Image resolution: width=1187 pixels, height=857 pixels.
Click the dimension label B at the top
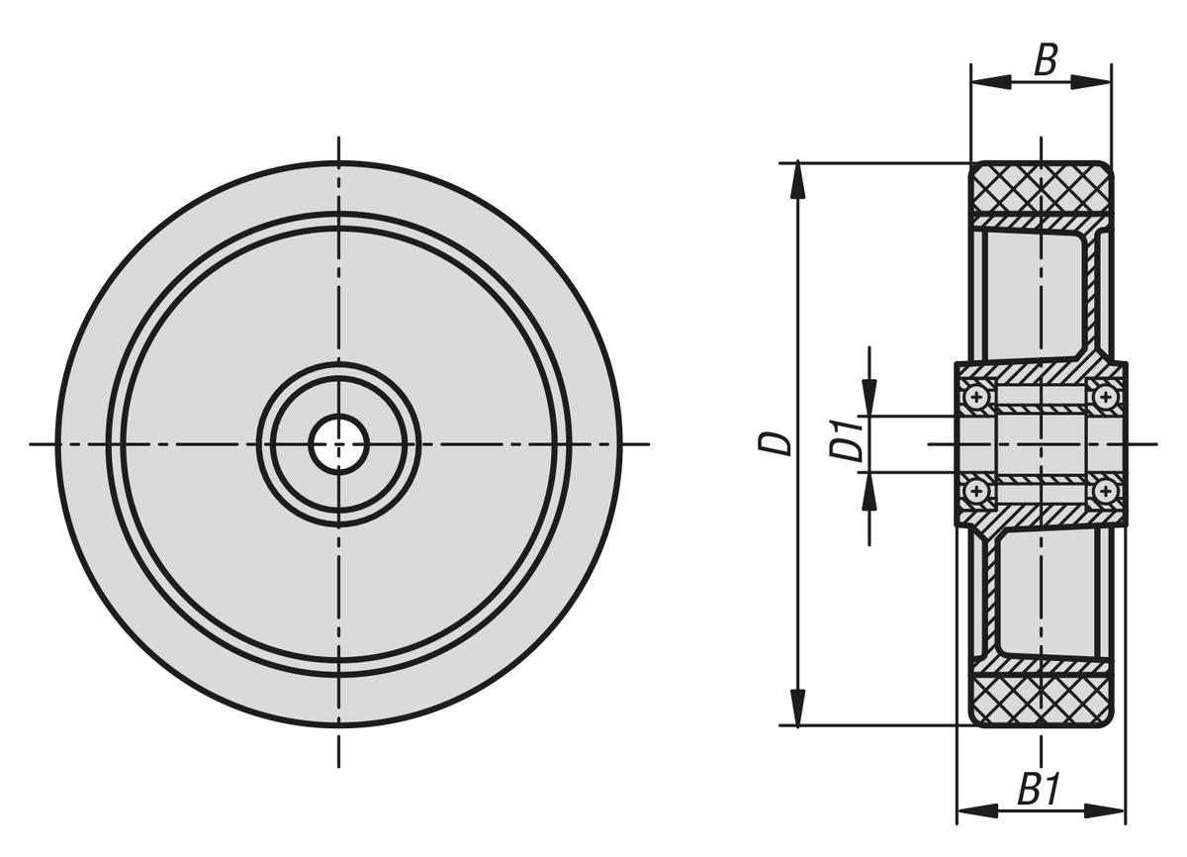tap(1047, 60)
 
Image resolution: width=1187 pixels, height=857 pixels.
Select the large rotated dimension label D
tap(775, 444)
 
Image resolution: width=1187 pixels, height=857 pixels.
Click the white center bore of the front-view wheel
tap(338, 444)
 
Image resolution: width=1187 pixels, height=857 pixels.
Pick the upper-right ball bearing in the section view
tap(1106, 397)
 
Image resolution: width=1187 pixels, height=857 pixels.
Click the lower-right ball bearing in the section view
tap(1106, 492)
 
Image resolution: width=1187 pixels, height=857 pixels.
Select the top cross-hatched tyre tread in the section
tap(1042, 188)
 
